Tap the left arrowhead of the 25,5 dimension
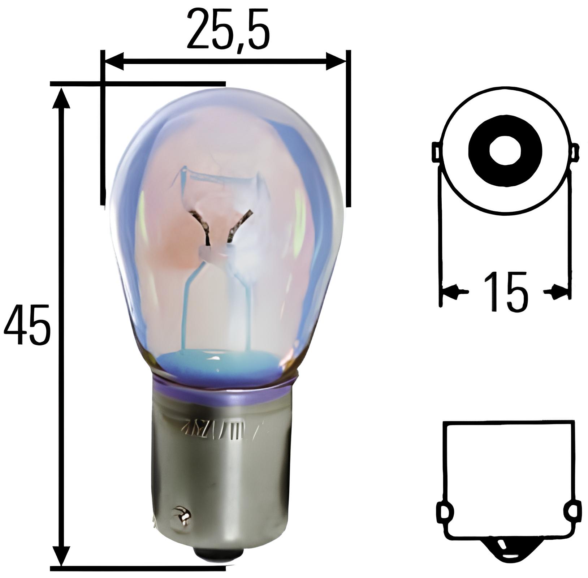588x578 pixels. (x=114, y=61)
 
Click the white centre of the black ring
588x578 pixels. (x=505, y=151)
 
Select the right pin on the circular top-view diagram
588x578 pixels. (x=575, y=151)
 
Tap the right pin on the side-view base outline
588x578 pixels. (x=574, y=512)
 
